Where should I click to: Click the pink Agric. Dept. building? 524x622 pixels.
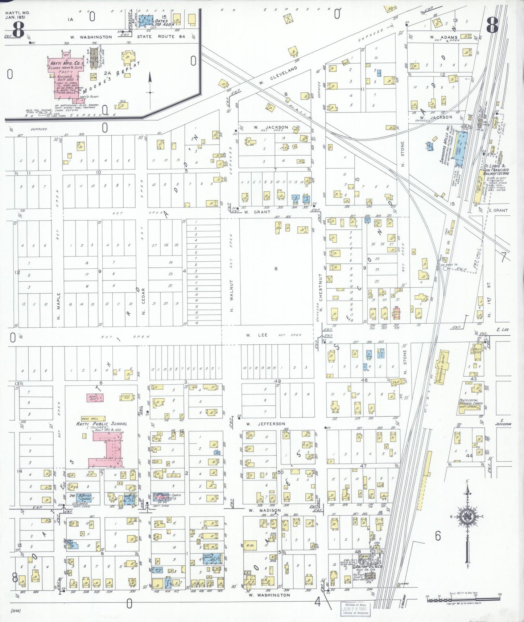[x=95, y=398]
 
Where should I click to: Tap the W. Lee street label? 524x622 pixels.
[x=257, y=335]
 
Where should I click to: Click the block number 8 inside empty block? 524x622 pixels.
[x=276, y=269]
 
